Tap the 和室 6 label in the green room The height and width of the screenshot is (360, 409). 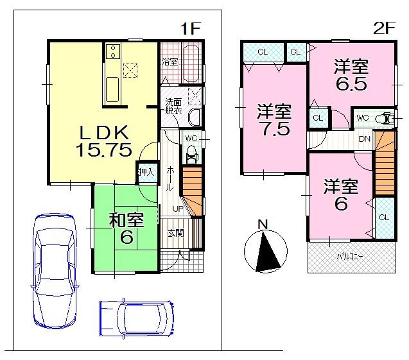coord(126,228)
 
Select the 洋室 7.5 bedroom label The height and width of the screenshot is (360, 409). coord(274,119)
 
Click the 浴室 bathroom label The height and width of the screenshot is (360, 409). coord(169,62)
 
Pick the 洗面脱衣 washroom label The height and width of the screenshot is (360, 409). coord(173,107)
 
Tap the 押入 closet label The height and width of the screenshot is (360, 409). coord(146,171)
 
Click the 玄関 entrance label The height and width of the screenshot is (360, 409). coord(175,233)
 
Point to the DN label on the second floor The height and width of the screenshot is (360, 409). coord(363,139)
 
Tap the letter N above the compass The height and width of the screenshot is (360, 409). coord(262,224)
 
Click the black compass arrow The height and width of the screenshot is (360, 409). coord(265,252)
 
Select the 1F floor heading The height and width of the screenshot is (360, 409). coord(190,28)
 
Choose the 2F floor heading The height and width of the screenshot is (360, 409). coord(383,28)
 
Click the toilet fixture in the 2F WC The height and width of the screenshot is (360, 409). coord(385,117)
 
